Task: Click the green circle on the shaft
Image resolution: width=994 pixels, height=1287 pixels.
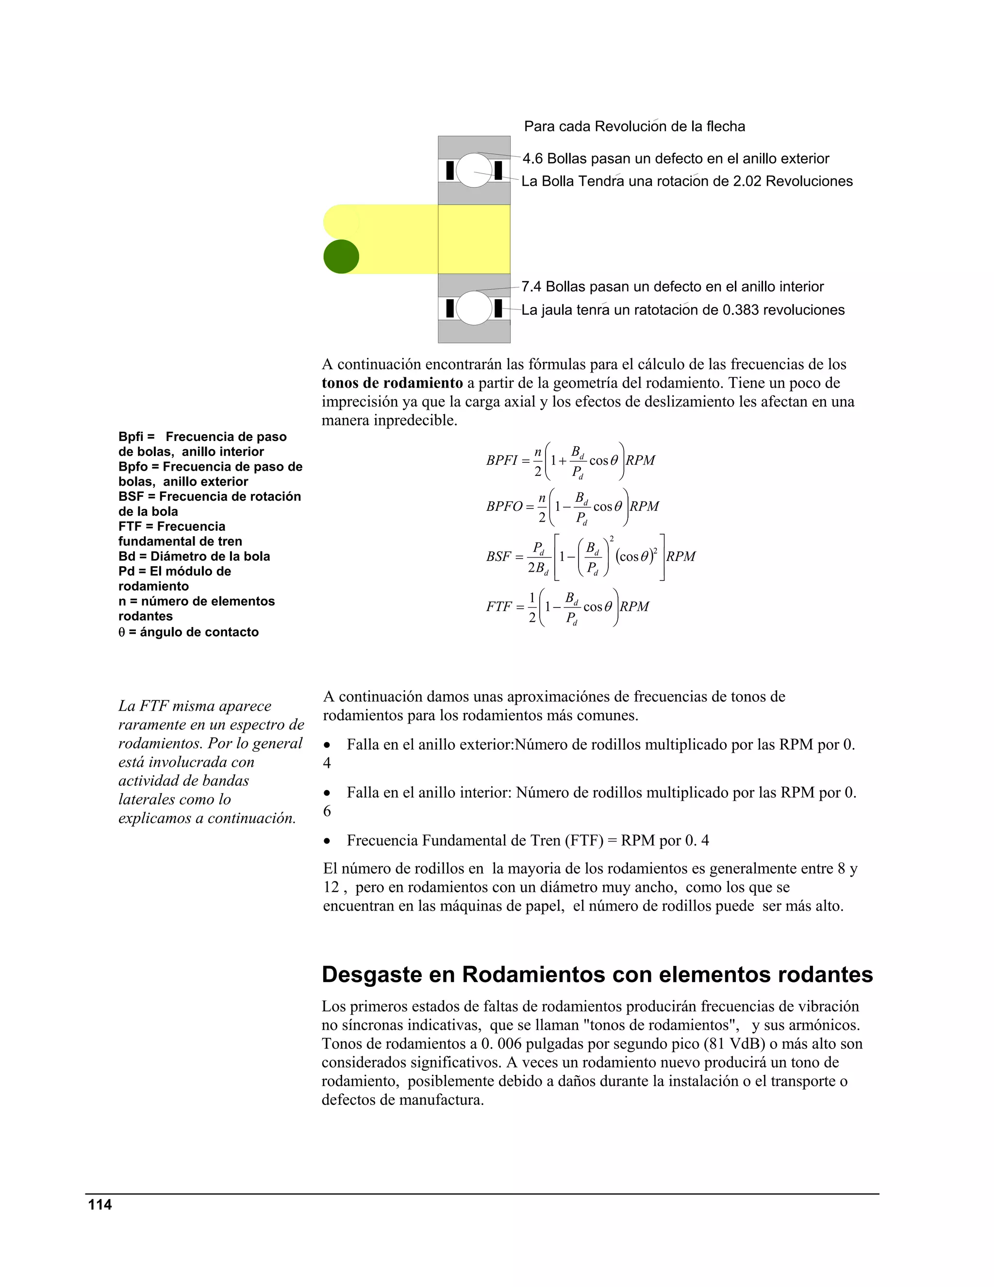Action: [x=341, y=256]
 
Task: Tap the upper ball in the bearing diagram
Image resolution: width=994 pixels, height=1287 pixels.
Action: [x=474, y=170]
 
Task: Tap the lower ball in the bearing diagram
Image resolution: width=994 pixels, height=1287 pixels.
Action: [x=474, y=307]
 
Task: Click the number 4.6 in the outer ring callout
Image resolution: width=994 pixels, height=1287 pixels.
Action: [x=533, y=158]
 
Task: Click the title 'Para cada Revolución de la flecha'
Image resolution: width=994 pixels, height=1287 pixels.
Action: [x=634, y=127]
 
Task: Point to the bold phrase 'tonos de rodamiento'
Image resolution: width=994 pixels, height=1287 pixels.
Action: [x=392, y=383]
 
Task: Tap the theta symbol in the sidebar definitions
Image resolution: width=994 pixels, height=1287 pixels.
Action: [x=122, y=632]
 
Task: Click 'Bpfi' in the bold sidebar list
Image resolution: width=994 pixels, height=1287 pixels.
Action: [x=131, y=437]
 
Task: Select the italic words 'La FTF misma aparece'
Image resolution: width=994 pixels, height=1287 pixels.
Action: [x=195, y=706]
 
